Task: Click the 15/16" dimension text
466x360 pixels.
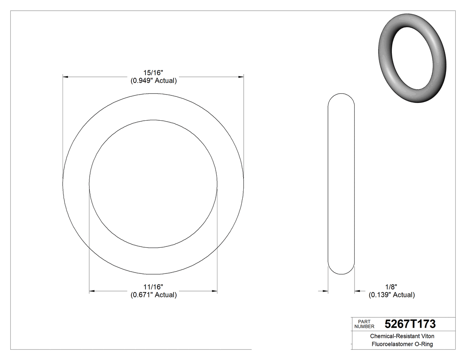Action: (x=153, y=73)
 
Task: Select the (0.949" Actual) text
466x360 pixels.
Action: (x=153, y=81)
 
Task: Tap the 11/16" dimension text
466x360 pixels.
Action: (x=153, y=287)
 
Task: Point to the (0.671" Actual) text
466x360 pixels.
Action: (x=153, y=295)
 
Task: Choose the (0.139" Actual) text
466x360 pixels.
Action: (x=392, y=295)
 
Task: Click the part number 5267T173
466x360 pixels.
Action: (x=410, y=324)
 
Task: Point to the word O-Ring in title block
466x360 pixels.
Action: (x=423, y=344)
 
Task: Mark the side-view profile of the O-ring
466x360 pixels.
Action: (x=341, y=183)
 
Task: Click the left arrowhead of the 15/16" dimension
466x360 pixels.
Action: (x=65, y=77)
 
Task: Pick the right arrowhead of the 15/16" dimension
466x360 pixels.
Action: (x=241, y=77)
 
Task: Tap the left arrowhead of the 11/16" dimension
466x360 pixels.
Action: (x=92, y=291)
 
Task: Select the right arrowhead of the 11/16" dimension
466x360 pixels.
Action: (x=214, y=291)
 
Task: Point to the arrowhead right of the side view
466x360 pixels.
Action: (x=357, y=291)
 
